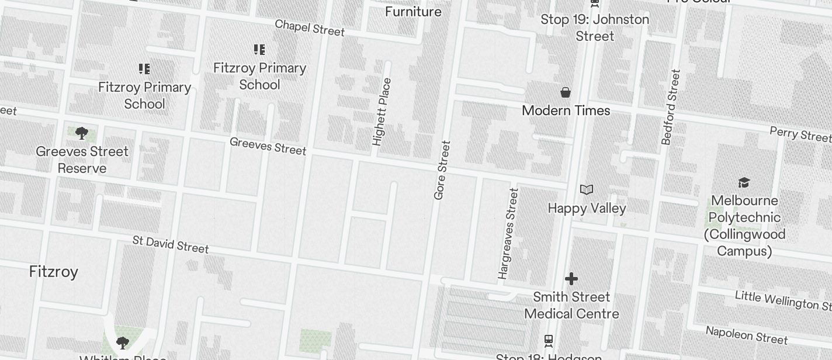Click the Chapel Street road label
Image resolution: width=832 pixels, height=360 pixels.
click(x=310, y=27)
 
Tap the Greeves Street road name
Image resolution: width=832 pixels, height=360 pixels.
click(x=268, y=146)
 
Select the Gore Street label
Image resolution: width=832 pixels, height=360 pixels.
click(x=442, y=170)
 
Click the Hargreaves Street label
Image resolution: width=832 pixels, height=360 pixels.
click(x=508, y=233)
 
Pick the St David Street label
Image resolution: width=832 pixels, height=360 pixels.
click(x=171, y=244)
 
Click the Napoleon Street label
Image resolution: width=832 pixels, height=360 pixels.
click(x=746, y=335)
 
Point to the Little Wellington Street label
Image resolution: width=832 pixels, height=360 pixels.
click(x=783, y=300)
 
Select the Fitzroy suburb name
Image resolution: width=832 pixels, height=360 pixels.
click(x=54, y=272)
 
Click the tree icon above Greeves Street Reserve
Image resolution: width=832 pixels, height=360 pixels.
click(x=82, y=134)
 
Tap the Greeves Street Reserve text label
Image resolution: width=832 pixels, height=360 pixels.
click(x=82, y=160)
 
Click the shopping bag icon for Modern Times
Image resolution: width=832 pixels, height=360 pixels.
click(x=566, y=92)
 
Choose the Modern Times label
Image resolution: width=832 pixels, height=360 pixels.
click(x=566, y=110)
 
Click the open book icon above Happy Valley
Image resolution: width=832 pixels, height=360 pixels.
click(x=587, y=189)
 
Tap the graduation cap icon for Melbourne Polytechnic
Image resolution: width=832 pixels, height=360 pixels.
click(x=744, y=182)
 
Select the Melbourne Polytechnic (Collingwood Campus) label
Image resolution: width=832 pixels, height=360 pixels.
click(x=744, y=226)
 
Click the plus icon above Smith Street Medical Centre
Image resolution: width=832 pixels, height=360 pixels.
click(x=571, y=279)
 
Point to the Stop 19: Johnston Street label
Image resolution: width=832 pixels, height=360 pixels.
click(x=595, y=27)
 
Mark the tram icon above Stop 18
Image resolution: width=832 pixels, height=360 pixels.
click(x=549, y=340)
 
